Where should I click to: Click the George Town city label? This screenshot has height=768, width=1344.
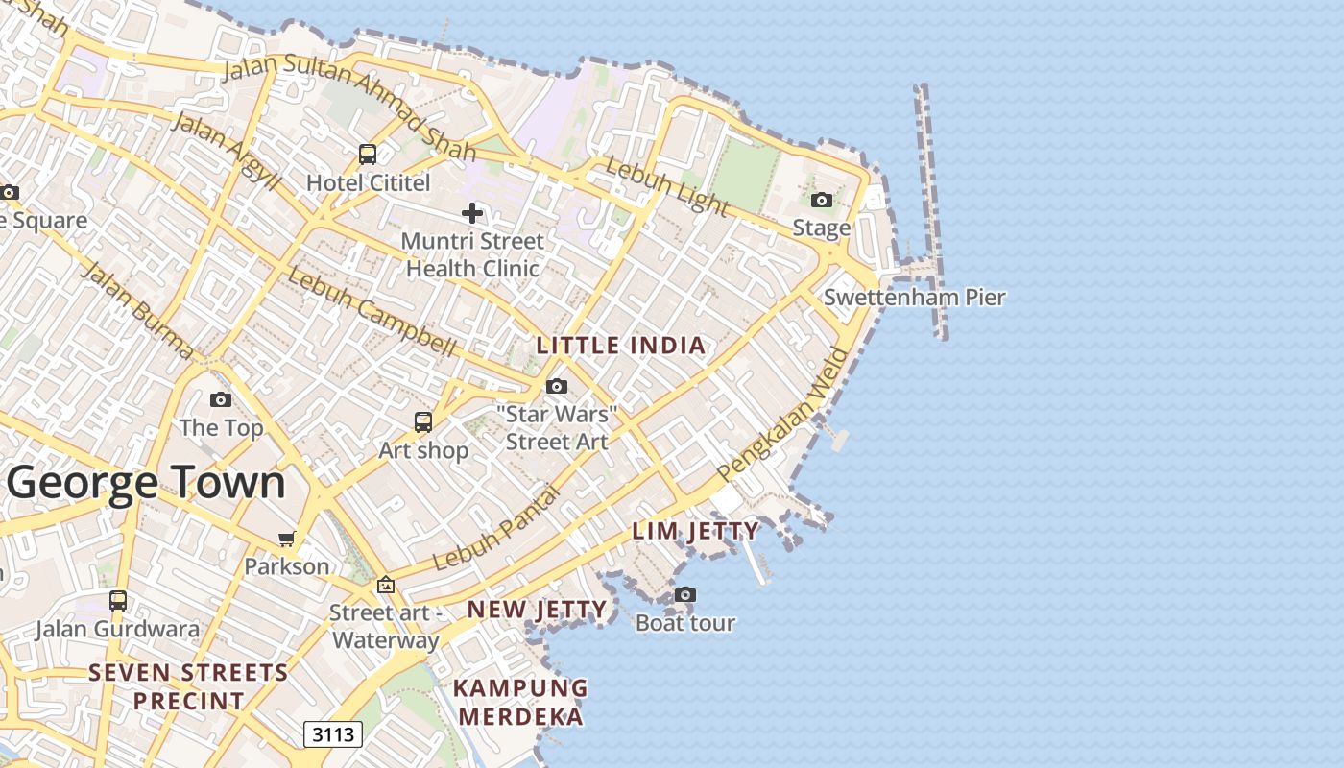(x=147, y=483)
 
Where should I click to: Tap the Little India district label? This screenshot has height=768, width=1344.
(x=620, y=346)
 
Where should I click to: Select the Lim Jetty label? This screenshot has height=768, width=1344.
(x=696, y=531)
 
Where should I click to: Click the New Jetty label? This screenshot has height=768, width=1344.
(x=537, y=610)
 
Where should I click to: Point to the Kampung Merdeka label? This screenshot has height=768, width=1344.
(x=520, y=702)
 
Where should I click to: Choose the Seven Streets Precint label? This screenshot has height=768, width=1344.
(x=188, y=686)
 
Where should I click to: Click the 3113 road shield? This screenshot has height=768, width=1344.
(x=333, y=735)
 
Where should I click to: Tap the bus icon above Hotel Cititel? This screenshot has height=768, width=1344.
(x=368, y=154)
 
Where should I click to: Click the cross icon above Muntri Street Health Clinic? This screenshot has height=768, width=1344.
(x=471, y=213)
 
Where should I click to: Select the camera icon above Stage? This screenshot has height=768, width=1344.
(x=822, y=200)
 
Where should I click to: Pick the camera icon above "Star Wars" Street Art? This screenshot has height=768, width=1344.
(x=556, y=386)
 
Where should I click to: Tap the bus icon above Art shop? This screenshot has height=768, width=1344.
(x=423, y=421)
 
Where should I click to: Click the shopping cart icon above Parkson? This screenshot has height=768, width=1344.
(x=286, y=539)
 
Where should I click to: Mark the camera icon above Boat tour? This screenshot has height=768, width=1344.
(x=684, y=595)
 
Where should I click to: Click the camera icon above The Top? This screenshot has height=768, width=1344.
(x=221, y=399)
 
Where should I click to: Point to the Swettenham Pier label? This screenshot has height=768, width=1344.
(x=914, y=298)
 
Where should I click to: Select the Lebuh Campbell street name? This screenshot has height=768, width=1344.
(x=372, y=312)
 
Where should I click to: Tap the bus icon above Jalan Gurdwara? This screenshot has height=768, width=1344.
(x=118, y=601)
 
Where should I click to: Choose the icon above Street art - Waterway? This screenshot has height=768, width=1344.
(x=385, y=585)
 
